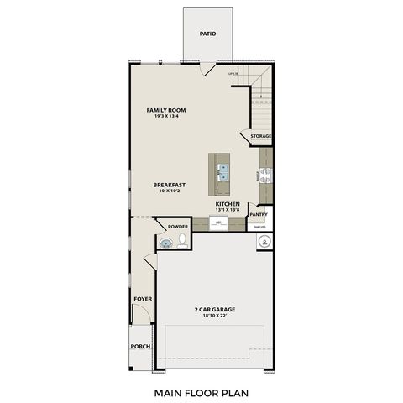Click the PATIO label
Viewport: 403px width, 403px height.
pyautogui.click(x=207, y=34)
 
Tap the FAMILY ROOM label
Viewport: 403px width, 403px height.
pyautogui.click(x=165, y=110)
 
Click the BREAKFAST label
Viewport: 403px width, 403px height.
pyautogui.click(x=169, y=185)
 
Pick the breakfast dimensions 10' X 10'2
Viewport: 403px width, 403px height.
pyautogui.click(x=169, y=191)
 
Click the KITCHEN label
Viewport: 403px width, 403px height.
pyautogui.click(x=228, y=203)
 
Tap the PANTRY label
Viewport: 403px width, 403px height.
pyautogui.click(x=259, y=215)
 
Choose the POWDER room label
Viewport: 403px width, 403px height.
pyautogui.click(x=177, y=227)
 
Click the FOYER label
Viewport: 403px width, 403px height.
pyautogui.click(x=142, y=299)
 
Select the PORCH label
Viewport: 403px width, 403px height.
pyautogui.click(x=140, y=347)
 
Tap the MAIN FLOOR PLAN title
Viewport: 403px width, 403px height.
pyautogui.click(x=201, y=391)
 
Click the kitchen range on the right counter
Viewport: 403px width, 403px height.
pyautogui.click(x=265, y=176)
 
